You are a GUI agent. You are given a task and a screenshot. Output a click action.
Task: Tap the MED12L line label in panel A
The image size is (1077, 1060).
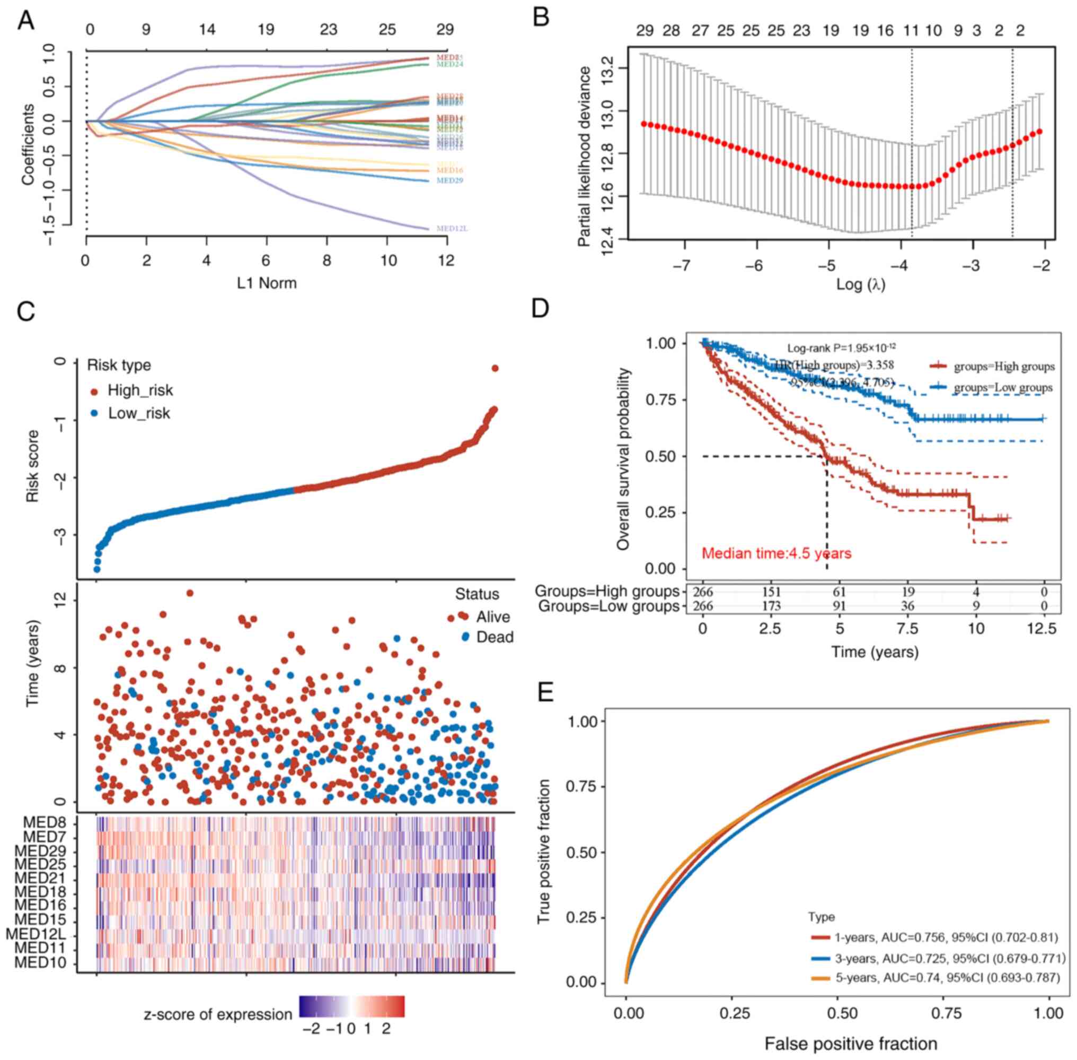coord(449,228)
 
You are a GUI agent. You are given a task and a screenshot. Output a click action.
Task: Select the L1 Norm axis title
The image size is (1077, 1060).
coord(267,283)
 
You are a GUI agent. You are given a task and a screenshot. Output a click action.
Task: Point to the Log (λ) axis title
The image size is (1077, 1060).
coord(860,284)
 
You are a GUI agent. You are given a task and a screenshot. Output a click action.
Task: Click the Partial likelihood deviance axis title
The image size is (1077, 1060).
coord(584,157)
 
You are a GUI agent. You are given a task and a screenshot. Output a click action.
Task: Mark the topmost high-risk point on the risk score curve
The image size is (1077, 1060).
coord(495,368)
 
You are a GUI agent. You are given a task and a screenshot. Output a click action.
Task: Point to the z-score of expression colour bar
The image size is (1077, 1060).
coord(351,1006)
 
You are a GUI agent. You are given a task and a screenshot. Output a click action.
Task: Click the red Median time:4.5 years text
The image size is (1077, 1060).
coord(776,553)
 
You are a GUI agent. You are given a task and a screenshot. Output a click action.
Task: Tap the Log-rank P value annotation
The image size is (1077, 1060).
coord(841,348)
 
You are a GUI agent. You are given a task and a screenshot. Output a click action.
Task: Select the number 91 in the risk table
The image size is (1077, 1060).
coord(839,606)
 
